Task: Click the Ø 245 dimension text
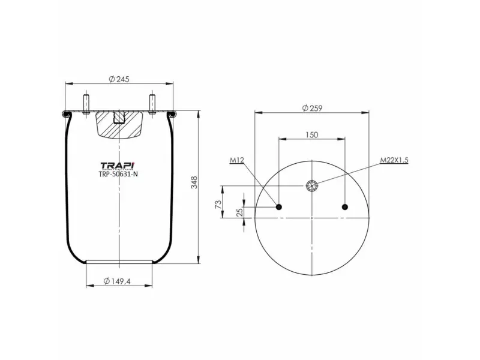tap(120, 79)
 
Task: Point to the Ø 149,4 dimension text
tap(119, 280)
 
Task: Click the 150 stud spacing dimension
tap(311, 135)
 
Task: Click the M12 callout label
tap(236, 161)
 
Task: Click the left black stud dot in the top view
tap(279, 207)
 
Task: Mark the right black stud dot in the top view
tap(344, 207)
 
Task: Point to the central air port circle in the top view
tap(312, 185)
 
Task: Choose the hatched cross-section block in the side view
tap(119, 124)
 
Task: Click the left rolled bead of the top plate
tap(65, 113)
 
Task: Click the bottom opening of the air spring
tap(119, 261)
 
